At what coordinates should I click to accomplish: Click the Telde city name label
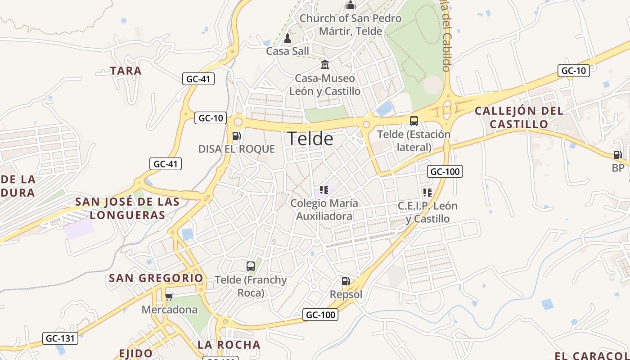tap(310, 139)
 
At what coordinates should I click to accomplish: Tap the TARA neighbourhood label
tap(126, 71)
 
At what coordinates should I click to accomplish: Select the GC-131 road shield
tap(60, 338)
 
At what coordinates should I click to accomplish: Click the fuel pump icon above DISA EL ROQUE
tap(236, 136)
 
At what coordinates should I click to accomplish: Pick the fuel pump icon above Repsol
tap(346, 282)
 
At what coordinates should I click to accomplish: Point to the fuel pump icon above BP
tap(618, 155)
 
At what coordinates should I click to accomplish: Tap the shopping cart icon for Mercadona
tap(169, 297)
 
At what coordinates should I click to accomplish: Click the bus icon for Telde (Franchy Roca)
tap(251, 266)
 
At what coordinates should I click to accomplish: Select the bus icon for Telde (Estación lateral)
tap(414, 121)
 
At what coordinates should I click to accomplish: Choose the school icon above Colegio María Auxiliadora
tap(324, 190)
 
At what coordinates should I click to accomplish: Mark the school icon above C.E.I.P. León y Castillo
tap(427, 193)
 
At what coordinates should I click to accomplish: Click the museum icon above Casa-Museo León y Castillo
tap(325, 65)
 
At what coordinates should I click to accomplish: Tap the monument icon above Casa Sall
tap(288, 38)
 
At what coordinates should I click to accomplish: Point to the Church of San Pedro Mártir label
tap(351, 25)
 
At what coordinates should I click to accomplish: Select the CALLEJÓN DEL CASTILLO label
tap(519, 117)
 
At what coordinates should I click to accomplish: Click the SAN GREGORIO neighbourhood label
tap(156, 278)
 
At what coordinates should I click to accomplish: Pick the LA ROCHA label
tap(229, 345)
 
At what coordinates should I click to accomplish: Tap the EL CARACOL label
tap(592, 356)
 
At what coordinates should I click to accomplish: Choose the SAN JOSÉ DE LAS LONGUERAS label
tap(127, 208)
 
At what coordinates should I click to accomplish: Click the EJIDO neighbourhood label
tap(136, 353)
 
